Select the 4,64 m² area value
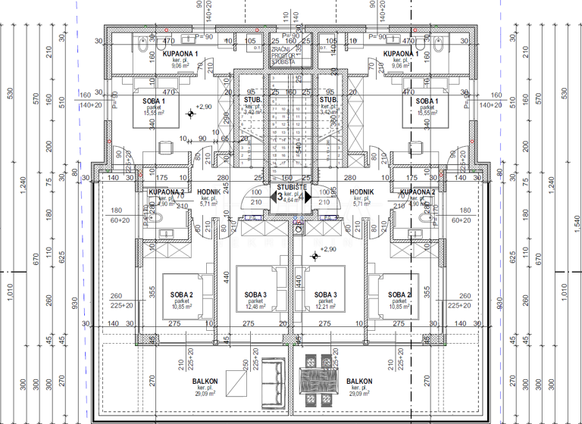(291, 201)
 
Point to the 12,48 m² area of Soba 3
(255, 307)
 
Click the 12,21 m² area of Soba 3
(325, 307)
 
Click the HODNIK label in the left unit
(208, 192)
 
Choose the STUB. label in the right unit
(327, 100)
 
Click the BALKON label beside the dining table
(359, 382)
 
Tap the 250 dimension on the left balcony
(246, 366)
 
